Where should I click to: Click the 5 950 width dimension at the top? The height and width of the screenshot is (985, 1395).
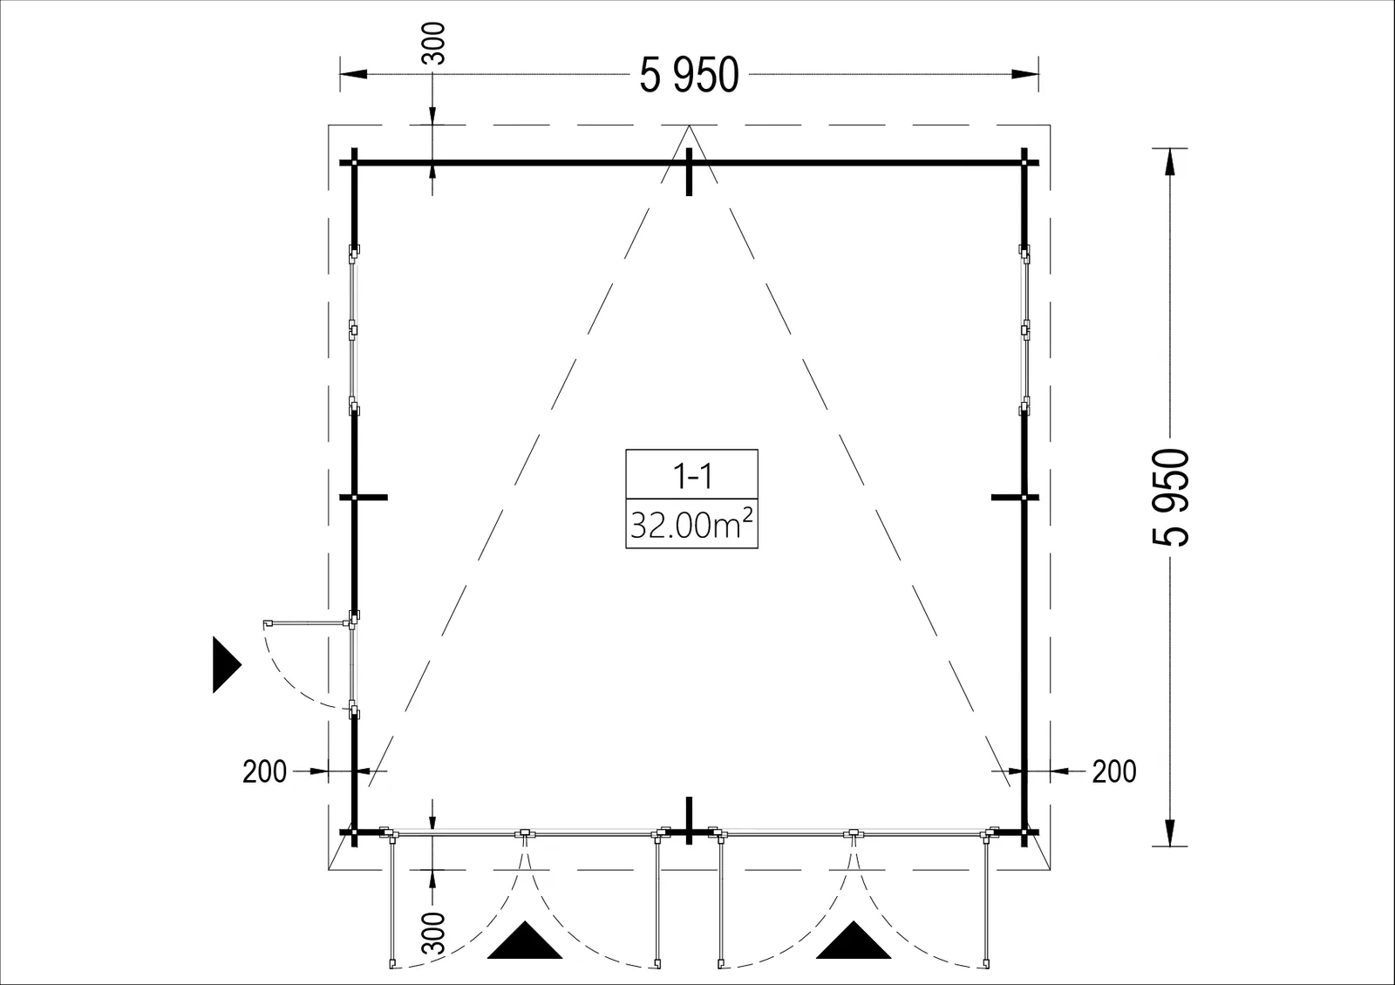point(689,75)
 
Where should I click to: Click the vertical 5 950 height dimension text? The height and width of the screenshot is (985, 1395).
point(1171,498)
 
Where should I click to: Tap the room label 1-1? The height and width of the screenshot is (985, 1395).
point(692,476)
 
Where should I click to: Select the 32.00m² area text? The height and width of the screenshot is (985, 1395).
point(691,524)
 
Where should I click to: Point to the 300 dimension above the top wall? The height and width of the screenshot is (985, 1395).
point(433,43)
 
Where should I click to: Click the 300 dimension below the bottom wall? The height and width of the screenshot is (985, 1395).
point(433,934)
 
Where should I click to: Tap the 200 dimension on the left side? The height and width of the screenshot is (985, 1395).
point(265,771)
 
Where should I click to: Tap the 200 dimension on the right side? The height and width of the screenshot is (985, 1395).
point(1114,771)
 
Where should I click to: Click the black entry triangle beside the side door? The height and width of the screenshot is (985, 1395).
point(226,664)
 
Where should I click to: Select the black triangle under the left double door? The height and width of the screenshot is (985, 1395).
point(525,941)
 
